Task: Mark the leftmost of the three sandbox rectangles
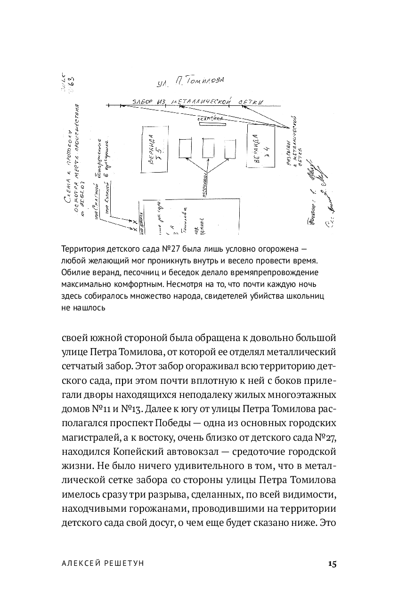pyautogui.click(x=186, y=148)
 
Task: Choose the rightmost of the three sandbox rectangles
pyautogui.click(x=230, y=149)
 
